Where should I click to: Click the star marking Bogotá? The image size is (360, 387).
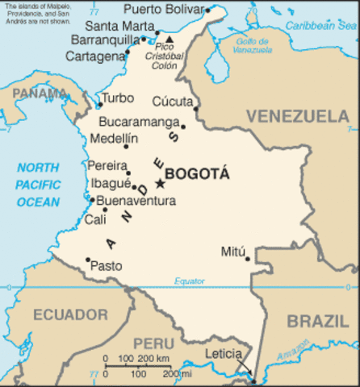(159, 184)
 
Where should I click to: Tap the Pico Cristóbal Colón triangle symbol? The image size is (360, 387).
(170, 38)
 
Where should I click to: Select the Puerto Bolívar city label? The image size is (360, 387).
(164, 10)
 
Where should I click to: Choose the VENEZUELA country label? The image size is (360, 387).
(297, 117)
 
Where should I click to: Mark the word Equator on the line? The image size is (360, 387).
(190, 281)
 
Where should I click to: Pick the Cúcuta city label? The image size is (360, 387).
(172, 102)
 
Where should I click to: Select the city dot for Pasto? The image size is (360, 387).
(88, 260)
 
